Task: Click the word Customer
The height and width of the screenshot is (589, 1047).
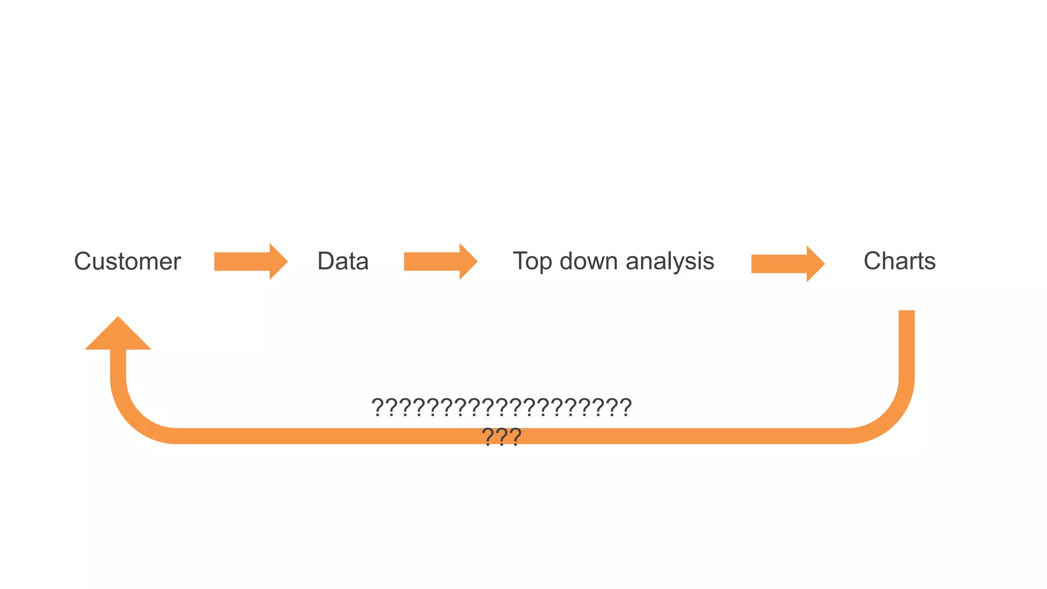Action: click(x=127, y=261)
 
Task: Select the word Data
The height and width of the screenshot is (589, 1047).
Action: click(x=343, y=261)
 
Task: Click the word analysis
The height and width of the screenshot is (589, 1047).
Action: click(x=670, y=261)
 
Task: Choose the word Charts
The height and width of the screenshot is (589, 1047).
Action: click(x=899, y=261)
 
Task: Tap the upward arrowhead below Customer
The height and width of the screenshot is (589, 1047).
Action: click(x=118, y=335)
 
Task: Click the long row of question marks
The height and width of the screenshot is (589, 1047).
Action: click(x=502, y=407)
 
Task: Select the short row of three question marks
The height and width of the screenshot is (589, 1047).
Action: click(x=502, y=437)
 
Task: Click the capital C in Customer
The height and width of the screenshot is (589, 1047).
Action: click(x=83, y=261)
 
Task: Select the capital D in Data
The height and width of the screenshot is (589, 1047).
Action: click(x=326, y=261)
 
